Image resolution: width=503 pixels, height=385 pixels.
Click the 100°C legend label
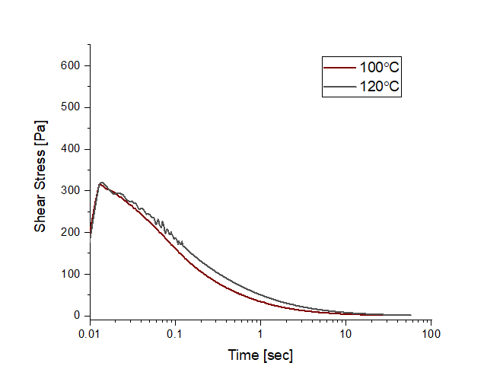[380, 67]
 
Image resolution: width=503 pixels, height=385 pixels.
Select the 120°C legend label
[380, 87]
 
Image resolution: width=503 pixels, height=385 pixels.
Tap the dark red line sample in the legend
[339, 67]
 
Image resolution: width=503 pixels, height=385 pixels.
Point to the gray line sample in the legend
[339, 87]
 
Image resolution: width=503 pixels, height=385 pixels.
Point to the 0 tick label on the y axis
[77, 315]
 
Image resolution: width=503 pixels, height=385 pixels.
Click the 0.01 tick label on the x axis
[90, 333]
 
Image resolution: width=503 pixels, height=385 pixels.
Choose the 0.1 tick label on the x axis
[175, 333]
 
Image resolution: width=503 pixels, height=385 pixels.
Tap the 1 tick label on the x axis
[260, 333]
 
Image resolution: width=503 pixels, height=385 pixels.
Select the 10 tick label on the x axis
[345, 333]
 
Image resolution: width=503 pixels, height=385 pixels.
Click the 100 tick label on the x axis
[431, 333]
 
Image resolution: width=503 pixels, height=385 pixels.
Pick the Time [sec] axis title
[260, 355]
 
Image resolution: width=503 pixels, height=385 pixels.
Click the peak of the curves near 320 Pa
[102, 183]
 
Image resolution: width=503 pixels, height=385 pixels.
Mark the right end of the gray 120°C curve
[411, 315]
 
